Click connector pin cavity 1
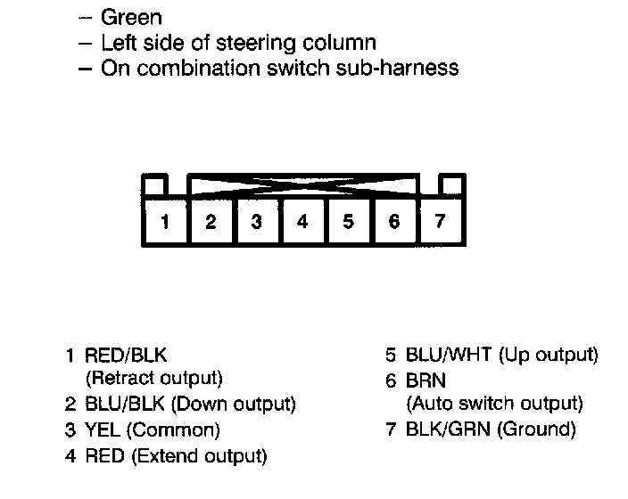click(x=165, y=222)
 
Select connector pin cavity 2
click(x=211, y=222)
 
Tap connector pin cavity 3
click(x=257, y=222)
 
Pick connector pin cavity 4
click(x=302, y=222)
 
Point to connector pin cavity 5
click(x=348, y=222)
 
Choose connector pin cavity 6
click(x=394, y=222)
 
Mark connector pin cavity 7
click(x=440, y=222)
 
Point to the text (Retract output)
click(x=153, y=379)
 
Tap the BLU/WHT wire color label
click(x=449, y=356)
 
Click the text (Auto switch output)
click(x=494, y=404)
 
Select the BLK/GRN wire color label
click(x=449, y=430)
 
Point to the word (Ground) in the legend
click(x=537, y=430)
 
